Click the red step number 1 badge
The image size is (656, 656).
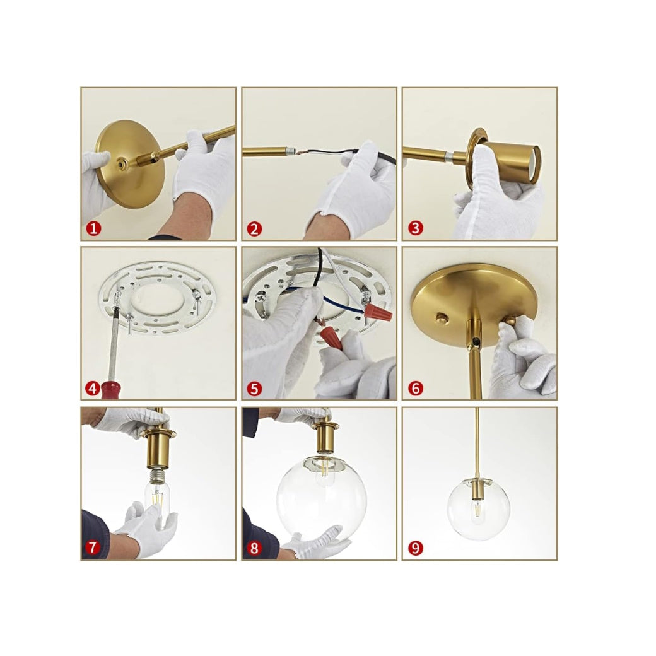click(x=94, y=228)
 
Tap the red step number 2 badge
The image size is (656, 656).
click(x=254, y=228)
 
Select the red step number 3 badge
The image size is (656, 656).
click(x=415, y=228)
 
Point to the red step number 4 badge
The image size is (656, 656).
click(x=93, y=389)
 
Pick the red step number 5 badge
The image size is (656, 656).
click(x=254, y=389)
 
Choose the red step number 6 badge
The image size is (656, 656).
click(x=415, y=389)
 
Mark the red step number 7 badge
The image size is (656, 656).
click(x=93, y=548)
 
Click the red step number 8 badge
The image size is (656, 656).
click(x=254, y=548)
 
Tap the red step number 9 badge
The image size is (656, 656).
click(x=415, y=548)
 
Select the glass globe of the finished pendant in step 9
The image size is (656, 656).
click(x=478, y=509)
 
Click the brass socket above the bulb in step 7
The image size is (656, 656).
click(x=158, y=448)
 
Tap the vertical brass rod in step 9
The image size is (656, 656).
click(x=477, y=444)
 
